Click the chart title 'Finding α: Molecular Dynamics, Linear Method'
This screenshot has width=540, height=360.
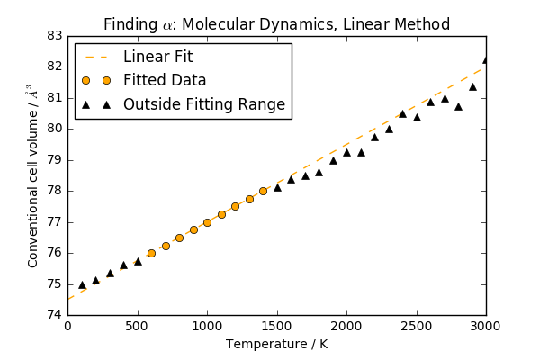276,24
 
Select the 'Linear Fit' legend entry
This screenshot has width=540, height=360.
158,57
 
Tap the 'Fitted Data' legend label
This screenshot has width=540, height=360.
165,80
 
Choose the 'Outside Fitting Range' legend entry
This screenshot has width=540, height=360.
204,104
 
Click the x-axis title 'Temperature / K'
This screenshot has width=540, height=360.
277,344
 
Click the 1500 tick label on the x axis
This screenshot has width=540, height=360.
277,326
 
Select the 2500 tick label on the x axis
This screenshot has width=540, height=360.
417,326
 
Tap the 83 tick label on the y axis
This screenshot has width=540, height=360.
55,36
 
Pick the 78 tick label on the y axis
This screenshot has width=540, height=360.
55,191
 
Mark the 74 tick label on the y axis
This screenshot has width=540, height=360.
55,315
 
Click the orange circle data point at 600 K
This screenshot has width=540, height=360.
151,253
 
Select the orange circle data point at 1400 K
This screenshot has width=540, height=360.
263,191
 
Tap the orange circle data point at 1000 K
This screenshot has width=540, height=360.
207,222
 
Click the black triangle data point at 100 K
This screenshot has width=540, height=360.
82,285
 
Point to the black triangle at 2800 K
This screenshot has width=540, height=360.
458,107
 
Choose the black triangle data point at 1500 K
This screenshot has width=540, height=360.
277,188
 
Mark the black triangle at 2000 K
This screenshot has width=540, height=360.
346,153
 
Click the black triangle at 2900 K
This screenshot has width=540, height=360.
472,86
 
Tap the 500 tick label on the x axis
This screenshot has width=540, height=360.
138,326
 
